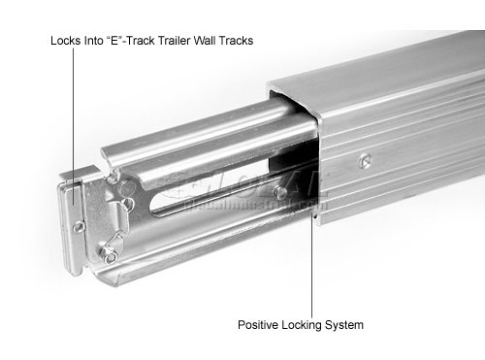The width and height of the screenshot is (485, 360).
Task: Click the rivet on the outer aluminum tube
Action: (365, 161)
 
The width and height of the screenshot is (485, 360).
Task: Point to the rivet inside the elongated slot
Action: (279, 192)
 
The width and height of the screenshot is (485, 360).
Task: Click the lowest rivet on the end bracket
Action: (111, 255)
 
